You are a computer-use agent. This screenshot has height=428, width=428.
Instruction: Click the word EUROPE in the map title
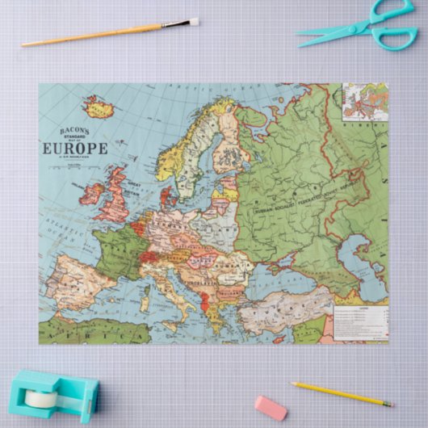73,148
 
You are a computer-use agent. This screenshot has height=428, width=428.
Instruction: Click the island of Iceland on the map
99,107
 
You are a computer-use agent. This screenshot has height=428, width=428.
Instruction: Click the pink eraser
271,407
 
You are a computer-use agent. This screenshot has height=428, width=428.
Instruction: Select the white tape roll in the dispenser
40,398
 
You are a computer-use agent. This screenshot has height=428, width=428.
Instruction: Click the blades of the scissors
327,31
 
